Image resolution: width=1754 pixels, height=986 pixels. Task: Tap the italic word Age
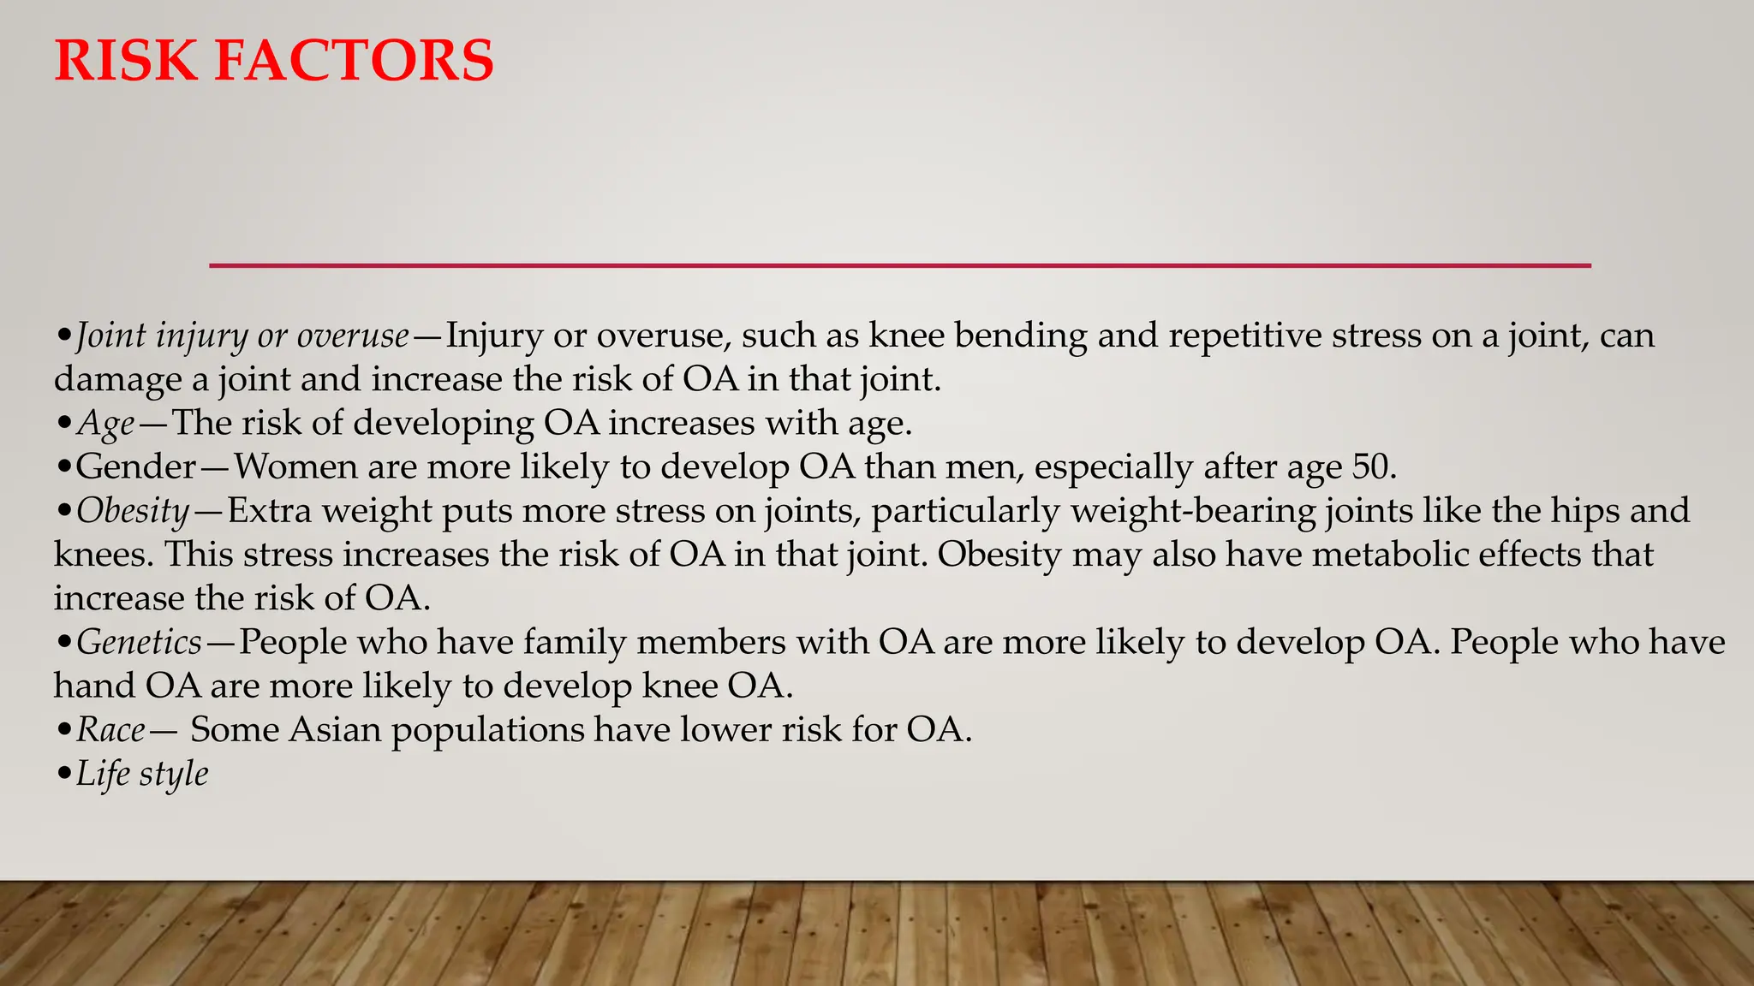106,424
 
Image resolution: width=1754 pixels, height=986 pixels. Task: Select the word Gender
136,467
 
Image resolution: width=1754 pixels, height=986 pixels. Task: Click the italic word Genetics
139,643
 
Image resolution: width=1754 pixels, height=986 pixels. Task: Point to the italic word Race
111,730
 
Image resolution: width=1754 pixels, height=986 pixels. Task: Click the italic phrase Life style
142,775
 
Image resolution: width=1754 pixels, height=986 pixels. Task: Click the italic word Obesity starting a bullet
133,511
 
